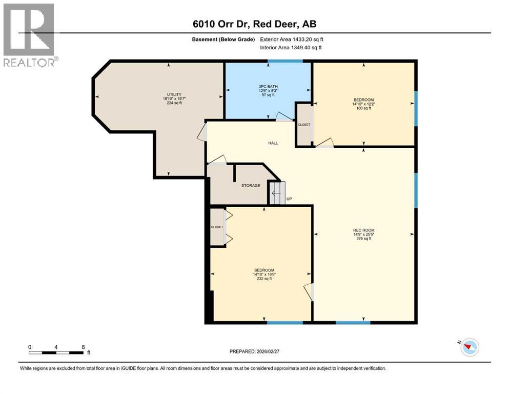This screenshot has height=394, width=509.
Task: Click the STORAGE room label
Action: coord(251,186)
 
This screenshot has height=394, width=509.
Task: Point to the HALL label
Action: coord(273,143)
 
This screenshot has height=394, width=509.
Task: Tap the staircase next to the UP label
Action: coord(277,193)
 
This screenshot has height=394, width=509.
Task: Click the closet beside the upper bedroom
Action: coord(304,124)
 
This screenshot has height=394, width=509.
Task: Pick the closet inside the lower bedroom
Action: coord(217,227)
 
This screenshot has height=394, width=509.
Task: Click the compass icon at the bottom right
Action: coord(469,348)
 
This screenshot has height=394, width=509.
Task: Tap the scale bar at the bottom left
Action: coord(56,352)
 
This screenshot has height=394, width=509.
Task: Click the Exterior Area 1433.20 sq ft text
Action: coord(292,39)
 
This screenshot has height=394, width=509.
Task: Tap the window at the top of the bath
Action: coord(284,62)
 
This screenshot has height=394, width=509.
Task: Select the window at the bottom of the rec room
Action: coord(353,322)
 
